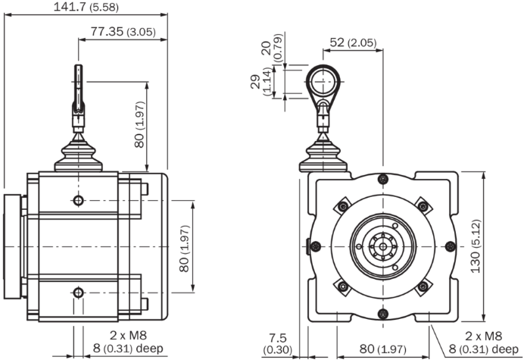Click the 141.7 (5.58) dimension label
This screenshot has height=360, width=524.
86,7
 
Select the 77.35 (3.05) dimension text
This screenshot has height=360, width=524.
123,32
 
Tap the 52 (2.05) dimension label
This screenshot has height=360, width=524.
353,42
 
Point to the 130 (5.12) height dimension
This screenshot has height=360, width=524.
476,246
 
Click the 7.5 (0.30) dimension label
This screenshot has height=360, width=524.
278,343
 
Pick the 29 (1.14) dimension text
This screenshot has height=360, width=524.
262,82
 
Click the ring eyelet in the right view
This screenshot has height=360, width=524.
323,82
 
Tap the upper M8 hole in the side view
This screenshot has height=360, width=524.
78,200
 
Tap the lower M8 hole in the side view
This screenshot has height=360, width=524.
78,293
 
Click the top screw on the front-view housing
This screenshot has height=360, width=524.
383,179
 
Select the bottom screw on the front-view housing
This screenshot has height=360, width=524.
383,314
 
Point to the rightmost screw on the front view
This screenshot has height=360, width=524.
450,246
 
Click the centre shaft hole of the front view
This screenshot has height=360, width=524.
383,246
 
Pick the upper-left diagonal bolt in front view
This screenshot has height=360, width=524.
343,206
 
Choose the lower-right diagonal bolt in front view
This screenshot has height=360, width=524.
423,286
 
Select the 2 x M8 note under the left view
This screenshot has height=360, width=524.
128,336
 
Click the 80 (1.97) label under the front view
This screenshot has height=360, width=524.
383,349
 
